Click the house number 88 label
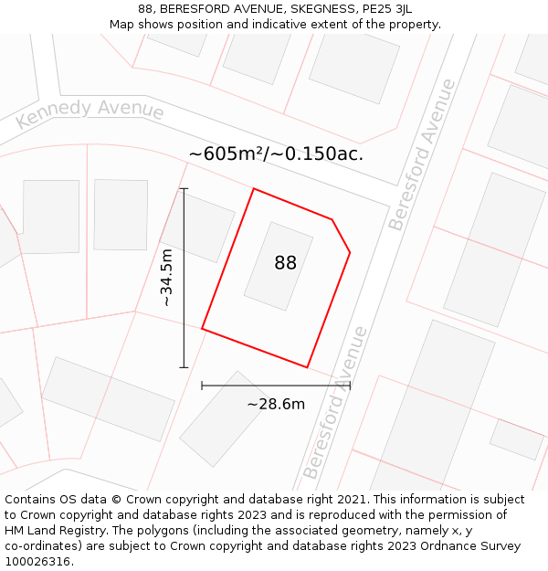pos(285,263)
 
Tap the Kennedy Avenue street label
pos(90,112)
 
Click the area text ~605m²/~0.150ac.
pos(276,153)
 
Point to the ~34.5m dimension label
pos(166,277)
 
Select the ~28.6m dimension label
pos(276,404)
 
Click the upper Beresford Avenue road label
pos(421,154)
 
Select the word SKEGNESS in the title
pos(314,9)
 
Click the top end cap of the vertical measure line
pos(184,189)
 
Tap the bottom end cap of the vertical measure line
pos(184,368)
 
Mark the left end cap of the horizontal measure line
pos(202,386)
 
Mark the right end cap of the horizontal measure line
pos(350,386)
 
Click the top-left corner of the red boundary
pos(253,189)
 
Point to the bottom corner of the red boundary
pos(307,367)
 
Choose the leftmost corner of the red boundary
pos(202,329)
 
